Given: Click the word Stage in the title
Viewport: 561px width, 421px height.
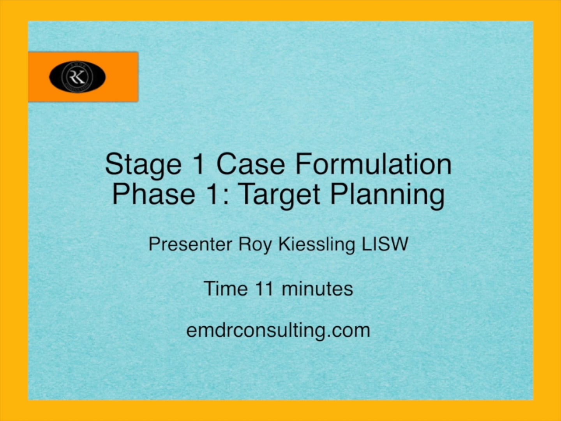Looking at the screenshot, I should click(x=143, y=164).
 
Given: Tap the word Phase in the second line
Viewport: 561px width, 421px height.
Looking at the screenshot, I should click(x=153, y=194).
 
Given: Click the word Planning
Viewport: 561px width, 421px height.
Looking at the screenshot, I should click(x=387, y=194).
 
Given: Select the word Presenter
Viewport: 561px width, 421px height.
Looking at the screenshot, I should click(x=190, y=244).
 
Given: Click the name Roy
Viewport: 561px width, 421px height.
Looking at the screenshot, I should click(x=255, y=245).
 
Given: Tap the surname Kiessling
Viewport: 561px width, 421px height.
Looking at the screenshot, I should click(x=316, y=245).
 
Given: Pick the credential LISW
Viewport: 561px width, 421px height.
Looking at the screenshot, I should click(x=385, y=244).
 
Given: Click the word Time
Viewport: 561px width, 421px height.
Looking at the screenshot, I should click(x=225, y=289).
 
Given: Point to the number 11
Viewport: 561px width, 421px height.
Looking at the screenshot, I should click(x=264, y=289).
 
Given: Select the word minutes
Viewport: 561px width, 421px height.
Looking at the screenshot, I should click(x=317, y=289).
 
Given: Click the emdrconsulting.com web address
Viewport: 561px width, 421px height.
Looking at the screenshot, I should click(x=278, y=330).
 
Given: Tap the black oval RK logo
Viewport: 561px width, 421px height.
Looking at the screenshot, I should click(x=77, y=76).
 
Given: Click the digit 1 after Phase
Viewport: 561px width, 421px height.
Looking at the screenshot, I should click(x=212, y=194).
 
